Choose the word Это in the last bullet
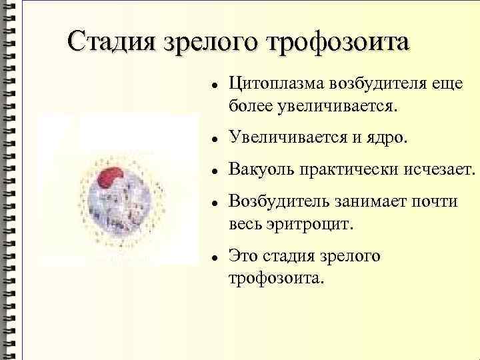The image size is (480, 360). (x=243, y=255)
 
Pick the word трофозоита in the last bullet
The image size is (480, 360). (x=275, y=276)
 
